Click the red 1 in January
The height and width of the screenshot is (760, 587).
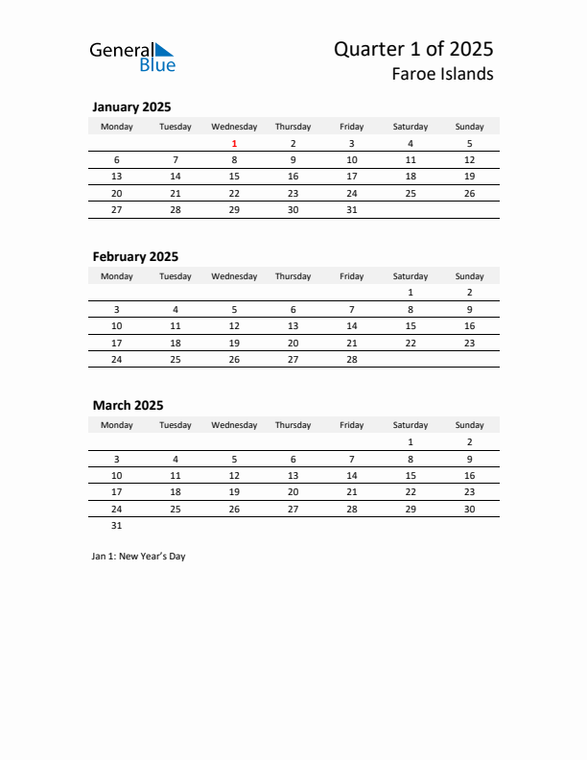point(234,143)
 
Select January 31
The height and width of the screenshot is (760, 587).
point(352,209)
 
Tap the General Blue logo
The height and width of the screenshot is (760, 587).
point(132,57)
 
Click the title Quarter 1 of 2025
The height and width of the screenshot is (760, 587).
point(413,49)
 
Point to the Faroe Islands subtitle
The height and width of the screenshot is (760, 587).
point(442,74)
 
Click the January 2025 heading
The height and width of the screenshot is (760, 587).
point(131,107)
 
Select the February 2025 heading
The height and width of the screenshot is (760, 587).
point(135,256)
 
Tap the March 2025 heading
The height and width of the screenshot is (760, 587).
point(128,405)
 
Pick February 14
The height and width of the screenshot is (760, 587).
point(352,326)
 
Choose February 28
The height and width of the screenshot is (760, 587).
point(352,359)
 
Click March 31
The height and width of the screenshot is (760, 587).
point(117,525)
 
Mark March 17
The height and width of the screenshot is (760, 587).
point(117,491)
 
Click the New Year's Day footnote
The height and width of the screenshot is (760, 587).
point(139,557)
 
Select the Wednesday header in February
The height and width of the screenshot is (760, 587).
point(234,276)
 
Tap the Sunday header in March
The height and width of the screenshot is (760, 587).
point(469,425)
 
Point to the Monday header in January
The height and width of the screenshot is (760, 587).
point(117,127)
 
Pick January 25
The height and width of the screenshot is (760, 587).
point(411,193)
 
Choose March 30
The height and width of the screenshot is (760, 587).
point(469,509)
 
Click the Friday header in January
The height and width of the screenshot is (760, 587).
point(352,127)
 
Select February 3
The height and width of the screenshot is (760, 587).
point(117,309)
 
